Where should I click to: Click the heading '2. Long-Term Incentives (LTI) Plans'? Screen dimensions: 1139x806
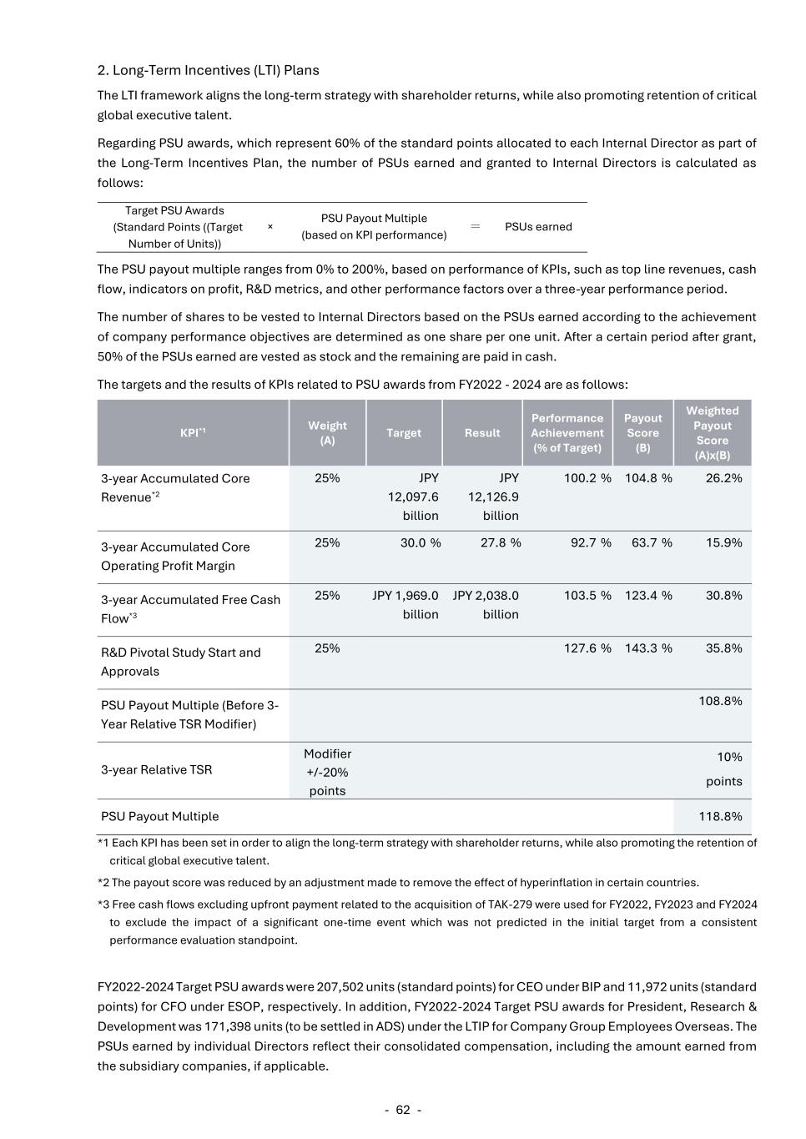click(208, 70)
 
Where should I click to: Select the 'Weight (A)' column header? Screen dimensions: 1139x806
click(327, 432)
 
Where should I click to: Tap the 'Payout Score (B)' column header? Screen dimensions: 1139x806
click(642, 432)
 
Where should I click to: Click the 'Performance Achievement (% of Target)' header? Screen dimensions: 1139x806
click(567, 432)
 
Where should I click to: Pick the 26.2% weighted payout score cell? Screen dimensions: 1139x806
click(723, 478)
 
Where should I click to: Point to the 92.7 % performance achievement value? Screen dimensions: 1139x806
click(587, 542)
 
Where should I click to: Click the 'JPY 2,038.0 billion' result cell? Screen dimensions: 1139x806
click(486, 604)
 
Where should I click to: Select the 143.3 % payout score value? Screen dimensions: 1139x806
click(648, 648)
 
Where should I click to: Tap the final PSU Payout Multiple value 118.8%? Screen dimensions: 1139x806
click(720, 816)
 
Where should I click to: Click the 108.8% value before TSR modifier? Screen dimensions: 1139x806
click(720, 700)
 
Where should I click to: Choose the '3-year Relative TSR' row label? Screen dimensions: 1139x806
click(157, 769)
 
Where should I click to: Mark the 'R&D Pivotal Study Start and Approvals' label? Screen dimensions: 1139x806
click(181, 661)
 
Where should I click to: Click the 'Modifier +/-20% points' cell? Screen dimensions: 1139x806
click(327, 772)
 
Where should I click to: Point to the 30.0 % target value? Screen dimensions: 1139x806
click(421, 542)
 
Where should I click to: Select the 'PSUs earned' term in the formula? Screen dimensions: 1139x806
click(538, 226)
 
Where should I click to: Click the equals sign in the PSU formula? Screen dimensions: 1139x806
click(476, 226)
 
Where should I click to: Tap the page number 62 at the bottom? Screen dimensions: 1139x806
click(403, 1110)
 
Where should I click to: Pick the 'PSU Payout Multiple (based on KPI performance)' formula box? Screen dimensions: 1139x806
click(374, 226)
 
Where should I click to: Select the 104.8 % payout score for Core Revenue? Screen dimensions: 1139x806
click(648, 478)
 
